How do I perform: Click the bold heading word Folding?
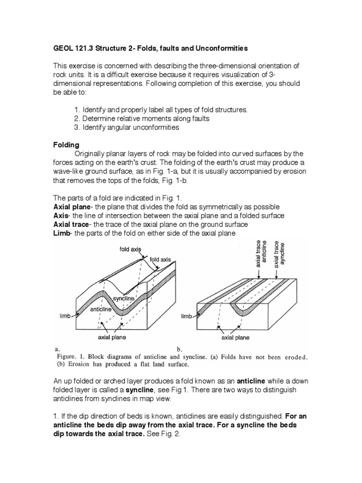point(66,144)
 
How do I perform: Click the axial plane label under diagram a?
point(112,337)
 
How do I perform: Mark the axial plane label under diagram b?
point(236,338)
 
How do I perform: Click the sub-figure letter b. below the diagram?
point(180,349)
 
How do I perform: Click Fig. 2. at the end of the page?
point(168,436)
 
